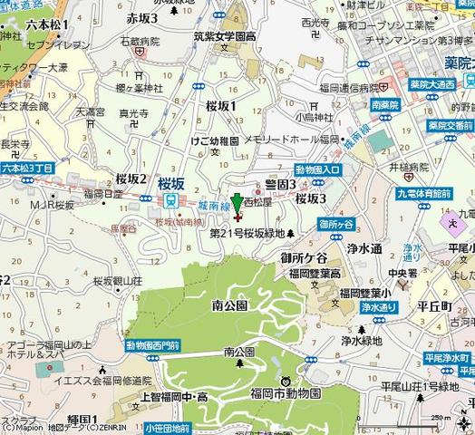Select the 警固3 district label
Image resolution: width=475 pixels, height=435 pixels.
tap(281, 184)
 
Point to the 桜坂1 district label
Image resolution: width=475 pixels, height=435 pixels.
tap(220, 106)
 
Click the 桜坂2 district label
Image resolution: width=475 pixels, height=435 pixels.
tap(131, 179)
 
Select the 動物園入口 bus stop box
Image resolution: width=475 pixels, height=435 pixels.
tap(317, 169)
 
